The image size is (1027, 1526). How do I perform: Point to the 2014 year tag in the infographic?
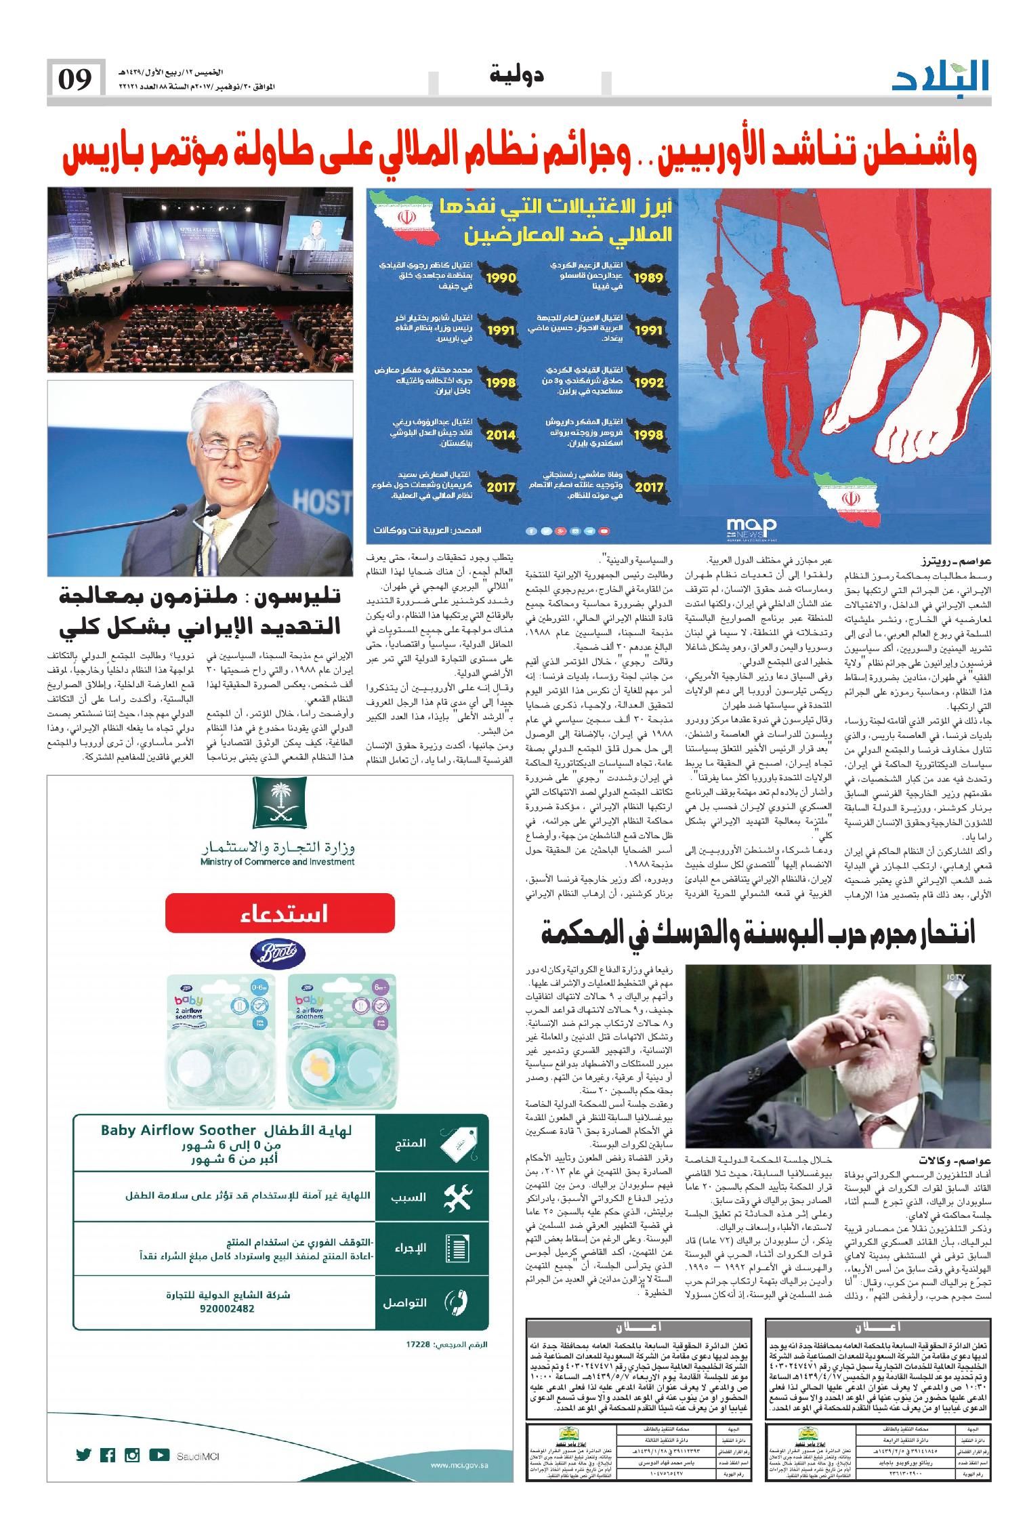[x=501, y=434]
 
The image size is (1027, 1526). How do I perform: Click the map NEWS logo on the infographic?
[x=751, y=526]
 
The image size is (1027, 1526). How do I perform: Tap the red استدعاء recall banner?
[x=279, y=913]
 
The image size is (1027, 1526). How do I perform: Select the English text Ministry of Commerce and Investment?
[x=277, y=862]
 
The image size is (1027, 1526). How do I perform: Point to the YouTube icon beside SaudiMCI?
[x=159, y=1456]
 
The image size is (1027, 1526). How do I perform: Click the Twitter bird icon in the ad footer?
[x=84, y=1456]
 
